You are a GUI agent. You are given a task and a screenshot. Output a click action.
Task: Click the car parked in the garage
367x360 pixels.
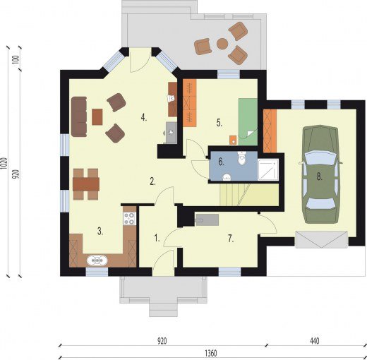[320, 174]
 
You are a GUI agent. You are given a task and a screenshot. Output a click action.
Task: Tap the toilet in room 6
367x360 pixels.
[241, 157]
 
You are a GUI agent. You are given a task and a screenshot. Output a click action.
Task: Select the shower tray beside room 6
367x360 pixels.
[268, 170]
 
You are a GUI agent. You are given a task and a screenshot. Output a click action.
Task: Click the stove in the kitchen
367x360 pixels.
[129, 218]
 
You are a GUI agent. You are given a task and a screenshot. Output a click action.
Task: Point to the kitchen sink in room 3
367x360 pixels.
[97, 260]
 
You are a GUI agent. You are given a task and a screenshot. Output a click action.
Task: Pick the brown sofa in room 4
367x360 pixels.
[79, 116]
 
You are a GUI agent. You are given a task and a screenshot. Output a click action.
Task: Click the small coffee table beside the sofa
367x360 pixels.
[97, 116]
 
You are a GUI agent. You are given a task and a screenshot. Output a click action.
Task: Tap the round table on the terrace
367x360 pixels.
[222, 44]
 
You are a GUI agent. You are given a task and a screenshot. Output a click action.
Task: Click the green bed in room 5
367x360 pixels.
[248, 122]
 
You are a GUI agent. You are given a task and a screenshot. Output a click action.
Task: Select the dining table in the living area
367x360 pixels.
[86, 184]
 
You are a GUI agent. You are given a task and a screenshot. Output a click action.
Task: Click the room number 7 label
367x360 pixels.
[231, 239]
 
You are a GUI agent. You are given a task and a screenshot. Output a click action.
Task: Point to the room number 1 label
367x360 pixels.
[157, 239]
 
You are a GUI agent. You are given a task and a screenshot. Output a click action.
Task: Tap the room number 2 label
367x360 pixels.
[152, 181]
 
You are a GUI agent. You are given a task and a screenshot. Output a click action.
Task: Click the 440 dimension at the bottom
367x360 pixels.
[315, 341]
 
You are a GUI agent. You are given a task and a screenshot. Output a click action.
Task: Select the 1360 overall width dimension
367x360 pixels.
[211, 353]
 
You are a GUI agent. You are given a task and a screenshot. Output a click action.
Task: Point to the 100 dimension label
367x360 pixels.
[16, 60]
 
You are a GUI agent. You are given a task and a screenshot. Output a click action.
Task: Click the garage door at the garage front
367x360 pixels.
[322, 239]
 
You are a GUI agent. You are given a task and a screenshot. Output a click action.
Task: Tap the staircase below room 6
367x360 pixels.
[249, 195]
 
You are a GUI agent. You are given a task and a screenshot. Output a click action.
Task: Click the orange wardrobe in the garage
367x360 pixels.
[270, 131]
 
